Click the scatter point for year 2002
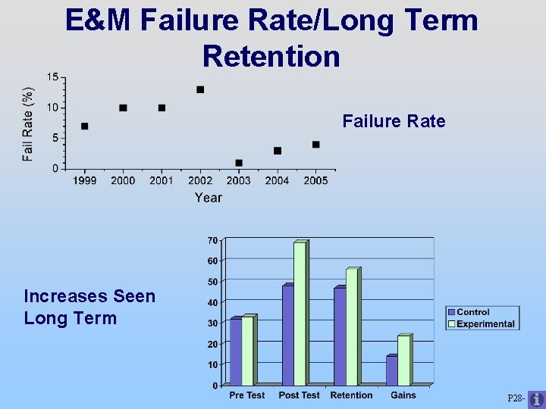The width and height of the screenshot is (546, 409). tap(200, 89)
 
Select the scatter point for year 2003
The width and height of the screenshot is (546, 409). tap(239, 163)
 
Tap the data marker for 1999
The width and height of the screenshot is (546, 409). tap(84, 126)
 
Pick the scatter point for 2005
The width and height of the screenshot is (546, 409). tap(316, 145)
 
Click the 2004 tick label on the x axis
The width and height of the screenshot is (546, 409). tap(277, 180)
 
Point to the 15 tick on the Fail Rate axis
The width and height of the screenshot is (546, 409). tap(52, 77)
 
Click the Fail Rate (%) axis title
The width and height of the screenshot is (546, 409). tap(28, 124)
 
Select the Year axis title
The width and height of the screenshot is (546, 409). tap(208, 198)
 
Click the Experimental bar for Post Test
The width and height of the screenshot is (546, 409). tap(300, 314)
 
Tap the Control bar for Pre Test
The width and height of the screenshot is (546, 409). tap(236, 352)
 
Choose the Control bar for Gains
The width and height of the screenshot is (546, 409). tap(391, 370)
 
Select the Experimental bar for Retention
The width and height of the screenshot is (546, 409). tap(352, 327)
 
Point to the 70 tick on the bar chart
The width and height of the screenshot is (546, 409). tap(212, 240)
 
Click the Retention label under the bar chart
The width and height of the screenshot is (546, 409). tap(351, 395)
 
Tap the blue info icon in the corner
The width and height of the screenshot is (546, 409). tap(535, 399)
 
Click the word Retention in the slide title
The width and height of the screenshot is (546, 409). tap(271, 56)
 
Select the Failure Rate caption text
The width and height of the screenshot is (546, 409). tap(394, 121)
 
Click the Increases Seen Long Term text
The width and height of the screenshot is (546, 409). tap(89, 307)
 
